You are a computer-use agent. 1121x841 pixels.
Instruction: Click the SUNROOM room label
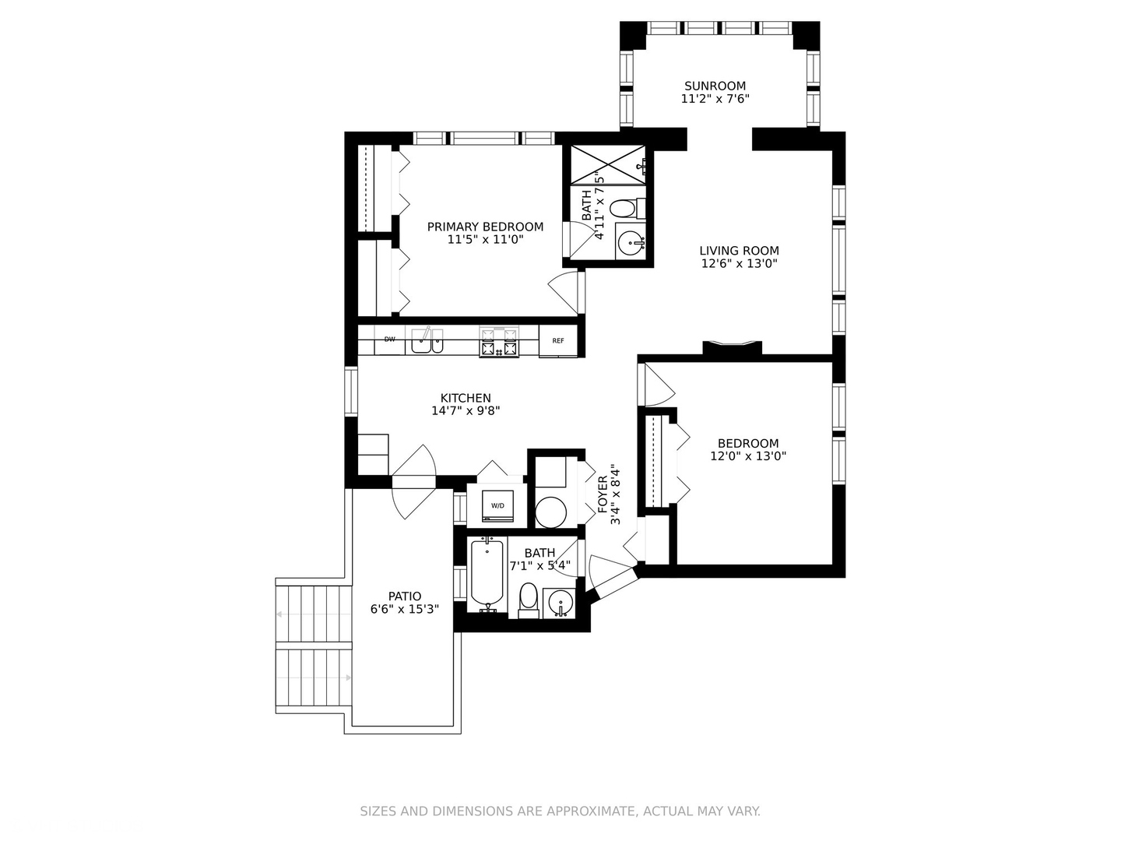pyautogui.click(x=715, y=86)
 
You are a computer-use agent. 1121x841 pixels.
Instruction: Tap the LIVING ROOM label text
pyautogui.click(x=739, y=251)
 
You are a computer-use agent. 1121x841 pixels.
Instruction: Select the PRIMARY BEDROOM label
pyautogui.click(x=485, y=227)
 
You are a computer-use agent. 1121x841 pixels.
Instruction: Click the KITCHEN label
pyautogui.click(x=466, y=398)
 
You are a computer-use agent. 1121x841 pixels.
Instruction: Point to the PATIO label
pyautogui.click(x=405, y=596)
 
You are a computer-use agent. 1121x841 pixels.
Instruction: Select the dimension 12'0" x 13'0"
pyautogui.click(x=748, y=456)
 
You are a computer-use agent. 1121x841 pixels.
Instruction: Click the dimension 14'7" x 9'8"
pyautogui.click(x=466, y=410)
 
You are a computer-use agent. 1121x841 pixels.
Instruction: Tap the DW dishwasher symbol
pyautogui.click(x=389, y=340)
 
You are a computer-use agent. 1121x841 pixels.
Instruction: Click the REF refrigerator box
pyautogui.click(x=558, y=341)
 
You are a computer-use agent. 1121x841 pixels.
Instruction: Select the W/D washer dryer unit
pyautogui.click(x=497, y=505)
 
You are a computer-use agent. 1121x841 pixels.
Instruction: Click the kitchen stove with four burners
pyautogui.click(x=498, y=341)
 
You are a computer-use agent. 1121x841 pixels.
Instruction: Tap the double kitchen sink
pyautogui.click(x=427, y=341)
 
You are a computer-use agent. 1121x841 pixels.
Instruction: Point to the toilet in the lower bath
pyautogui.click(x=529, y=599)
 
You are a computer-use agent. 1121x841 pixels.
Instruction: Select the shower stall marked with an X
pyautogui.click(x=608, y=164)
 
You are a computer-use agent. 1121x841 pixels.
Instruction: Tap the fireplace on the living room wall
pyautogui.click(x=732, y=347)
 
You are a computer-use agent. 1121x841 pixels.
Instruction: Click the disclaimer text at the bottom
pyautogui.click(x=560, y=811)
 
